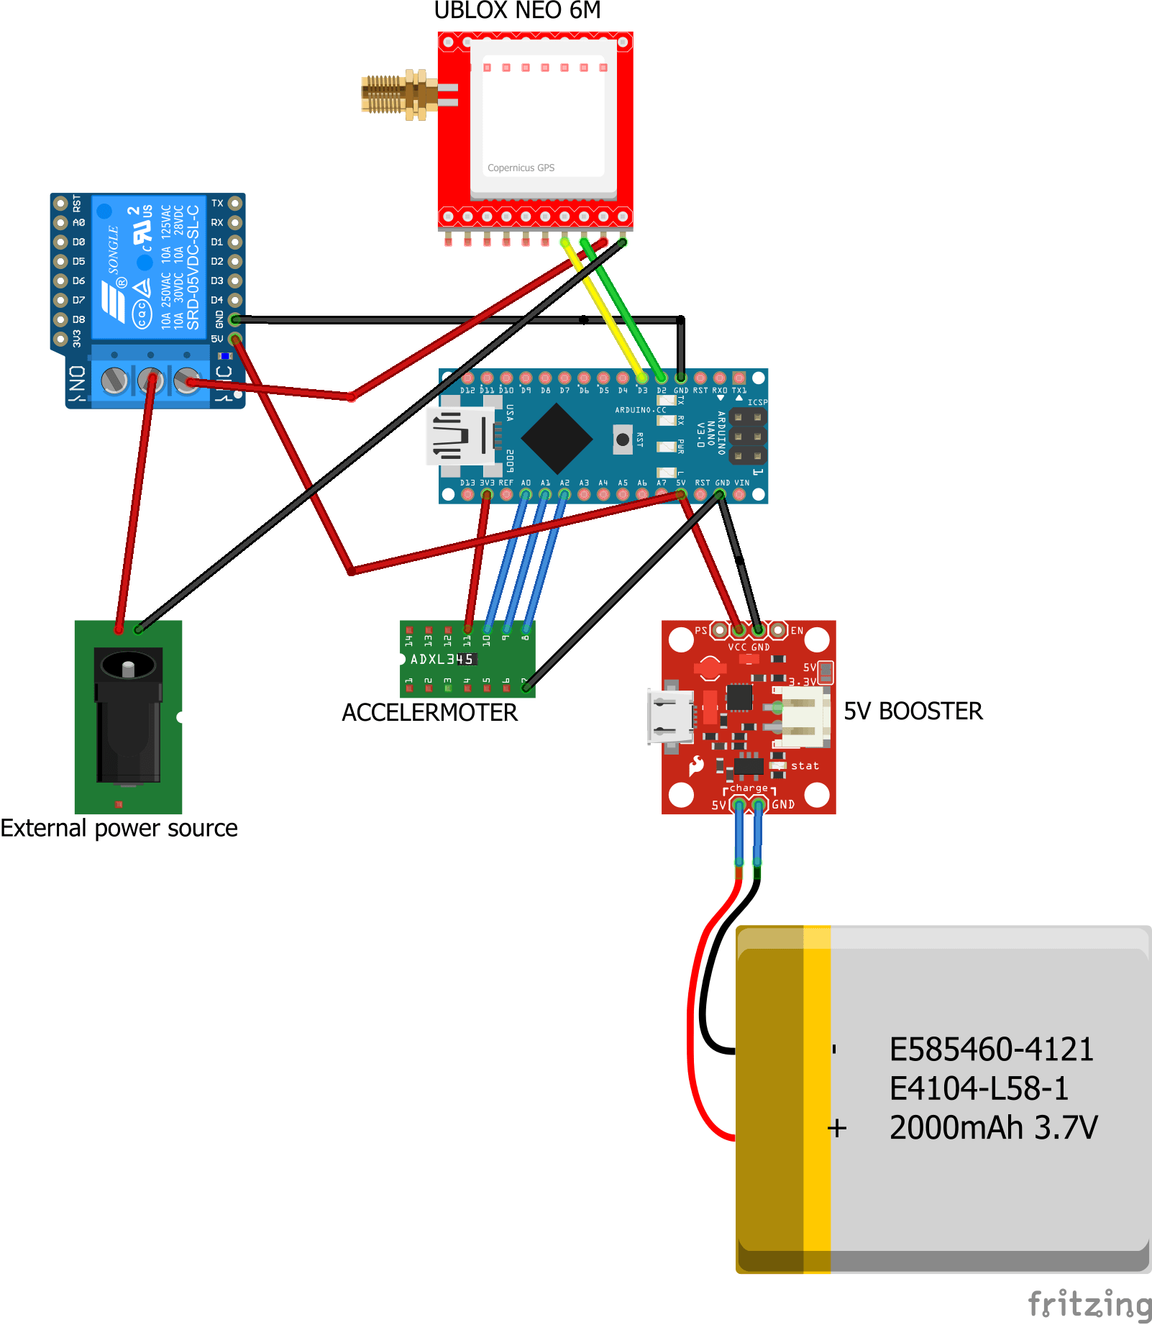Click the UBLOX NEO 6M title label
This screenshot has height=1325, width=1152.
click(x=517, y=11)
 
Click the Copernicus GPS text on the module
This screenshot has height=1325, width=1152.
click(x=521, y=168)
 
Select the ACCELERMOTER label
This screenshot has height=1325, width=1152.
click(x=429, y=712)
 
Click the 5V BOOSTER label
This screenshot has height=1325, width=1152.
click(x=913, y=711)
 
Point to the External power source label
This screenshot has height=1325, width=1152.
click(x=119, y=828)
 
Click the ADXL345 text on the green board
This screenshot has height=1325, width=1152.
click(x=442, y=659)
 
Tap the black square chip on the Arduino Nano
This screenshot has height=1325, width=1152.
click(x=556, y=437)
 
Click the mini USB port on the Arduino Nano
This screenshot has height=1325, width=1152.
click(x=460, y=436)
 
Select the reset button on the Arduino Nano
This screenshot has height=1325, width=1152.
click(x=623, y=439)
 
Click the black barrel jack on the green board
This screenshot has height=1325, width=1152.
click(x=128, y=712)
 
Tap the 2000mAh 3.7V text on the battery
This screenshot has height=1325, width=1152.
click(x=993, y=1127)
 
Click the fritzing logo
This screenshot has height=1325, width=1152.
click(x=1089, y=1303)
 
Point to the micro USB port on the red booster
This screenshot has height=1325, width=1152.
click(x=671, y=716)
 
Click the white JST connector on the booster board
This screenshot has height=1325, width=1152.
click(x=803, y=716)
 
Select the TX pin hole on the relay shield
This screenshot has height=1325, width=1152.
click(x=234, y=204)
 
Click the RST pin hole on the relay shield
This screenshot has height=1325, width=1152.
click(x=61, y=204)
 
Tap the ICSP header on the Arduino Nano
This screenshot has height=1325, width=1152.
click(x=748, y=436)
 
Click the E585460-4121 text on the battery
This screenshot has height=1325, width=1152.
click(x=991, y=1049)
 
